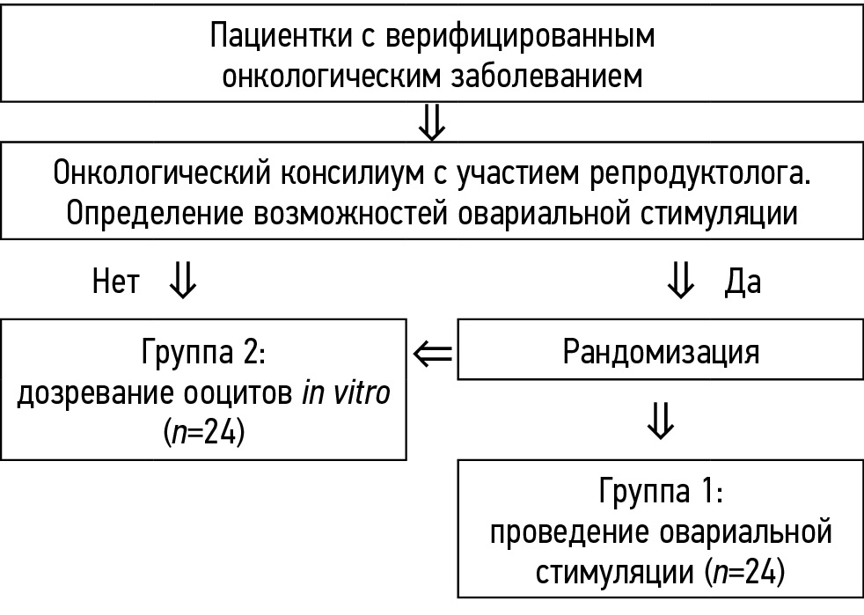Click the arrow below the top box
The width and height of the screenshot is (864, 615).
(432, 121)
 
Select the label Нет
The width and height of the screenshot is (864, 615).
(116, 282)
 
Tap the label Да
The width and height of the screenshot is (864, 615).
(742, 282)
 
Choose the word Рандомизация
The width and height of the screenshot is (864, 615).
(661, 352)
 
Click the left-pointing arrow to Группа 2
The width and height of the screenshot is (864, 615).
(432, 354)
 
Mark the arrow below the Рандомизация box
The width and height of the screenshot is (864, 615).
(661, 421)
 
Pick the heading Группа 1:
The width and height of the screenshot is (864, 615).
(661, 493)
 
